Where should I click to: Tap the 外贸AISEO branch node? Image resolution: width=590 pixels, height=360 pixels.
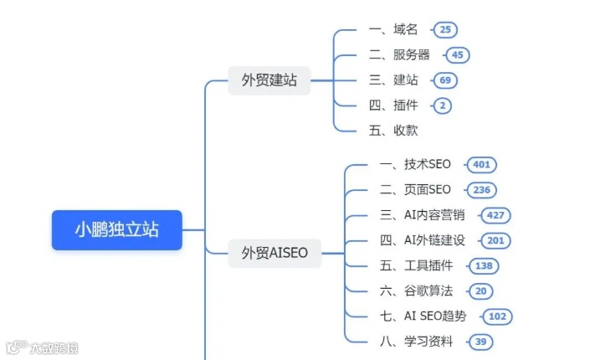click(x=274, y=252)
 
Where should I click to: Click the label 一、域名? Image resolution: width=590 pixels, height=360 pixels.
click(x=392, y=30)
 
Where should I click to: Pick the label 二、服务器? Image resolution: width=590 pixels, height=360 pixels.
click(x=399, y=55)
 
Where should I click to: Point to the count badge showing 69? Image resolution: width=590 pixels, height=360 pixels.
click(x=446, y=80)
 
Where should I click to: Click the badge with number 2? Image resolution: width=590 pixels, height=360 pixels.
click(x=442, y=105)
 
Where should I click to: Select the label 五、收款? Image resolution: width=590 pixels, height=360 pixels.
click(x=392, y=131)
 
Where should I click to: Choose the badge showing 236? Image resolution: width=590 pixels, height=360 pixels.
click(x=481, y=190)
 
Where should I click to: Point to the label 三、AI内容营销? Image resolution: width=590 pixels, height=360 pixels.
click(x=422, y=215)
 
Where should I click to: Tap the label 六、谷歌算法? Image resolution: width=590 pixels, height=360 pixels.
click(x=416, y=291)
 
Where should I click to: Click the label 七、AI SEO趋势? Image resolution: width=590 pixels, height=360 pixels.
click(x=423, y=316)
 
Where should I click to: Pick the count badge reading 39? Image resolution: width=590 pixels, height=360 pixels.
click(x=480, y=342)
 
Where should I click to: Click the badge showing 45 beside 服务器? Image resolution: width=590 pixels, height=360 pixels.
click(x=457, y=55)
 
